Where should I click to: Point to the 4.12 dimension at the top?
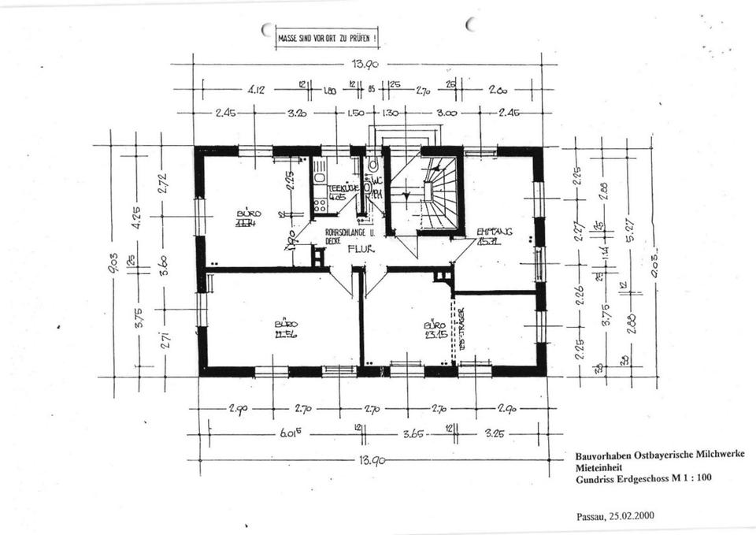pyautogui.click(x=256, y=90)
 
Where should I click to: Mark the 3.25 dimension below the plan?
pyautogui.click(x=495, y=433)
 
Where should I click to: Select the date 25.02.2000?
pyautogui.click(x=628, y=517)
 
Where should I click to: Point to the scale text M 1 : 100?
pyautogui.click(x=684, y=477)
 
